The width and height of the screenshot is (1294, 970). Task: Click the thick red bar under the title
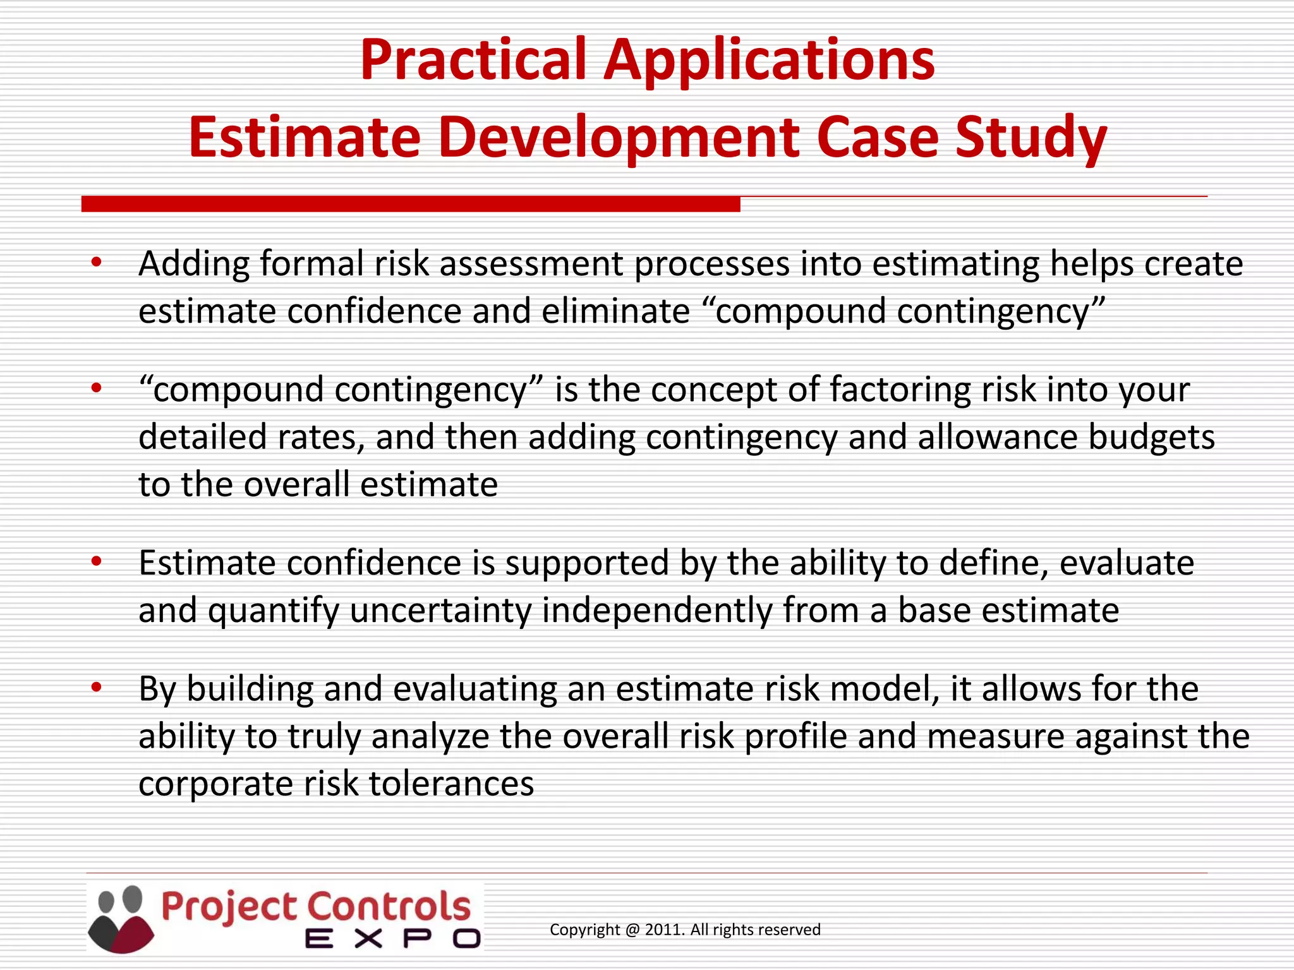coord(411,204)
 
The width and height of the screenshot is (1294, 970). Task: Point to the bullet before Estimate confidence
coord(96,561)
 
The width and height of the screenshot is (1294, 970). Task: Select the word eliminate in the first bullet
coord(615,311)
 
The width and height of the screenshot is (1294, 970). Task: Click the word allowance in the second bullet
coord(998,437)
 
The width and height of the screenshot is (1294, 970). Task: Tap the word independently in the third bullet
coord(657,611)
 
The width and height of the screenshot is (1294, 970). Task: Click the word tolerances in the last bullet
coord(451,784)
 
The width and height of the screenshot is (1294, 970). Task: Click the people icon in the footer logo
coord(121,919)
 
